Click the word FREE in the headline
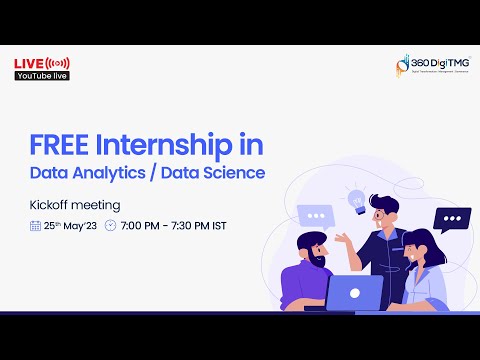pyautogui.click(x=57, y=145)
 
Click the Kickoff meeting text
pyautogui.click(x=75, y=205)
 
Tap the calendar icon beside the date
pyautogui.click(x=36, y=225)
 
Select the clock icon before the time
pyautogui.click(x=110, y=225)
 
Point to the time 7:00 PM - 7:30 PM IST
pyautogui.click(x=173, y=225)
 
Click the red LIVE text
pyautogui.click(x=27, y=63)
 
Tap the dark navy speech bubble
pyautogui.click(x=451, y=219)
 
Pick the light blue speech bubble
pyautogui.click(x=319, y=215)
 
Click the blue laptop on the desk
pyautogui.click(x=355, y=292)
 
